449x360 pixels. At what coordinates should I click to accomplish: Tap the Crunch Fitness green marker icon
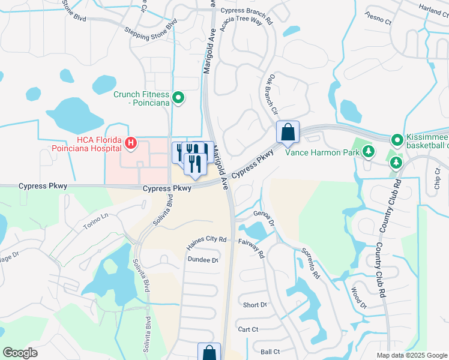(178, 97)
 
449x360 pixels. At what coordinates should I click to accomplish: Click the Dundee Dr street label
(202, 260)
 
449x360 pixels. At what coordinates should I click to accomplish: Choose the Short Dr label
(255, 305)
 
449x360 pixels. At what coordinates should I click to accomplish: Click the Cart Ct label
(248, 329)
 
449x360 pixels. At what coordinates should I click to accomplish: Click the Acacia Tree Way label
(243, 22)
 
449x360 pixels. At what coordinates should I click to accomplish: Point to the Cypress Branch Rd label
(246, 11)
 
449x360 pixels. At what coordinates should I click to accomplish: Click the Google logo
(20, 353)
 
